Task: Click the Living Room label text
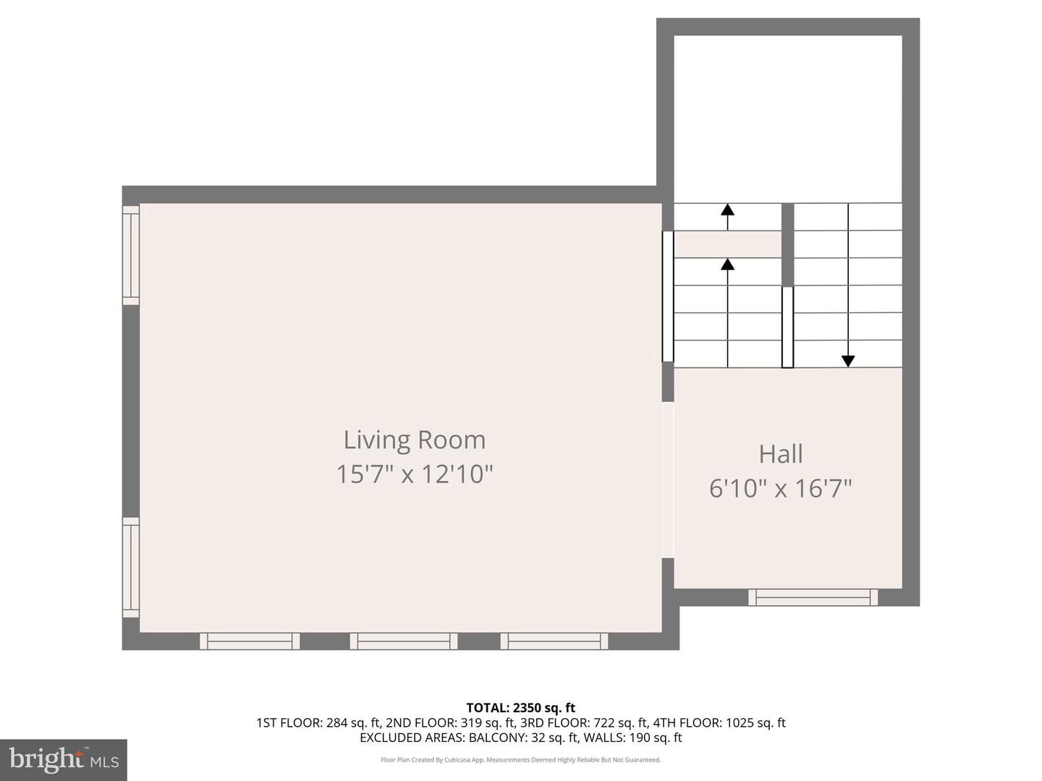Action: point(414,440)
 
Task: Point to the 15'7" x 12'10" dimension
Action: point(414,474)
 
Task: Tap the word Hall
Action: point(780,454)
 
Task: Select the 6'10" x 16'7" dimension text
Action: point(780,488)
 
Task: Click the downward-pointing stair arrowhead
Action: point(848,361)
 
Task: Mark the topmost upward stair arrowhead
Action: point(727,210)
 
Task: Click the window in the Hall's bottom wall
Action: point(813,597)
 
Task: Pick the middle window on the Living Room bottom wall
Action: point(404,641)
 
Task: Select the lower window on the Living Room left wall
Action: point(130,567)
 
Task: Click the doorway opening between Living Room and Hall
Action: point(668,480)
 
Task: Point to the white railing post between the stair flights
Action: point(787,327)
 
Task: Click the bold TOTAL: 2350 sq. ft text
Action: point(520,708)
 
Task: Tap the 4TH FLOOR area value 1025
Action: point(738,722)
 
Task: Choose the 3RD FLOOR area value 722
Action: point(605,722)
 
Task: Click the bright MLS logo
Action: point(64,759)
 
